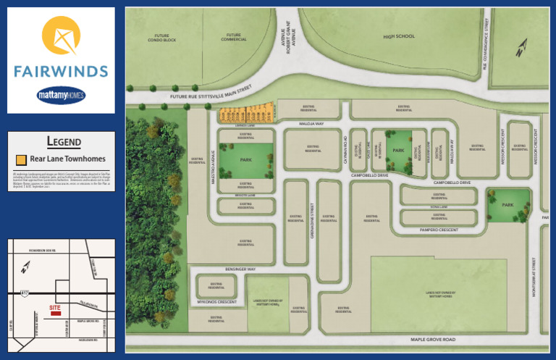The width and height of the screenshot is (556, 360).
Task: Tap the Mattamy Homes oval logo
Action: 61,94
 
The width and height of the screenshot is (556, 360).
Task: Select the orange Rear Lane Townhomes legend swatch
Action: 21,159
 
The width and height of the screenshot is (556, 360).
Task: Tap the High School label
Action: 399,36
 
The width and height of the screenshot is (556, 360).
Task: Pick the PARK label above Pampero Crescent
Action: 508,205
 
